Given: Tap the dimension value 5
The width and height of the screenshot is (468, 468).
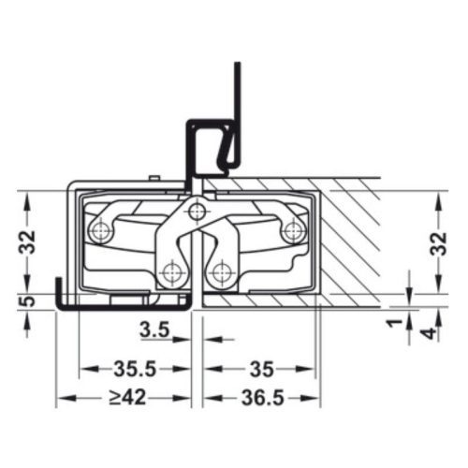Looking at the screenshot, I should click(27, 300).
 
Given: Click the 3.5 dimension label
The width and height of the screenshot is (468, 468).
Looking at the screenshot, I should click(154, 329).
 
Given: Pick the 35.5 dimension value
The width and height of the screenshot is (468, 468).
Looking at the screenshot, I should click(137, 366).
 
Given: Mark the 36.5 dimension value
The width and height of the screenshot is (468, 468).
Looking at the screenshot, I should click(261, 399).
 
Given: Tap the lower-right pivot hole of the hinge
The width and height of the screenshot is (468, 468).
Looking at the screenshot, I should click(222, 271).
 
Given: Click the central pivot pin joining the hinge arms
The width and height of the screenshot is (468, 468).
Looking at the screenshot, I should click(196, 210).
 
